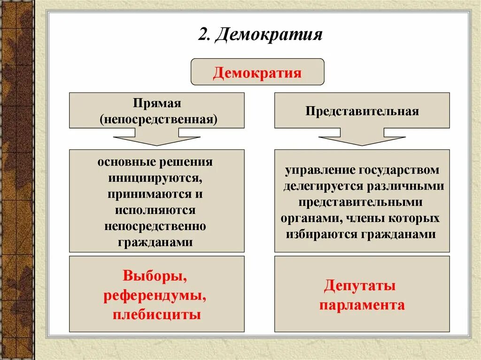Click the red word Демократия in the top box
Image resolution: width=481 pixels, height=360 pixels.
point(257,73)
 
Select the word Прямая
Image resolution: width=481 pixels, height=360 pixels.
point(157,103)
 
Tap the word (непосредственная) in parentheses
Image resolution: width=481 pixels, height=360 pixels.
point(158,118)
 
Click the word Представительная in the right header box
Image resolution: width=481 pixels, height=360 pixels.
point(362,111)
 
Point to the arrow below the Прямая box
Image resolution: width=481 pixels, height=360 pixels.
point(156,139)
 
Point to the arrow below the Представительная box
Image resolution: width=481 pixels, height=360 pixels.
point(362,139)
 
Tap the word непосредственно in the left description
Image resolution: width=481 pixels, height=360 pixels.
point(155,226)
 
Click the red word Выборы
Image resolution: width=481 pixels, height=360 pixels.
point(155,276)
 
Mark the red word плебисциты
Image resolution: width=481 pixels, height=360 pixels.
point(157,314)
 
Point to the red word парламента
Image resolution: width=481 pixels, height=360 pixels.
point(362,305)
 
